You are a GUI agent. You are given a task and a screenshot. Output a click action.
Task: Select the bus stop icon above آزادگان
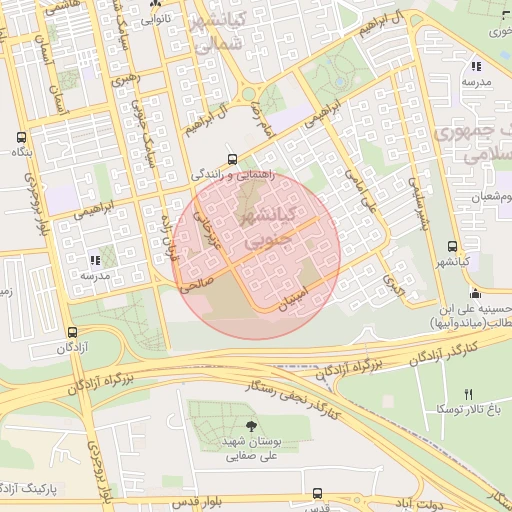click(71, 333)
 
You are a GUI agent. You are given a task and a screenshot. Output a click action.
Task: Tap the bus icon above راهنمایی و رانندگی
click(232, 158)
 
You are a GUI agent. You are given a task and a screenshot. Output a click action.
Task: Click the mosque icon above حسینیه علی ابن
click(474, 294)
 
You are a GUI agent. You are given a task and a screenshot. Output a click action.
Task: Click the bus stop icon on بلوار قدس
click(317, 494)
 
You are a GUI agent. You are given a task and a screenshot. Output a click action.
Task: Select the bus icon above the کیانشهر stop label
click(453, 246)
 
